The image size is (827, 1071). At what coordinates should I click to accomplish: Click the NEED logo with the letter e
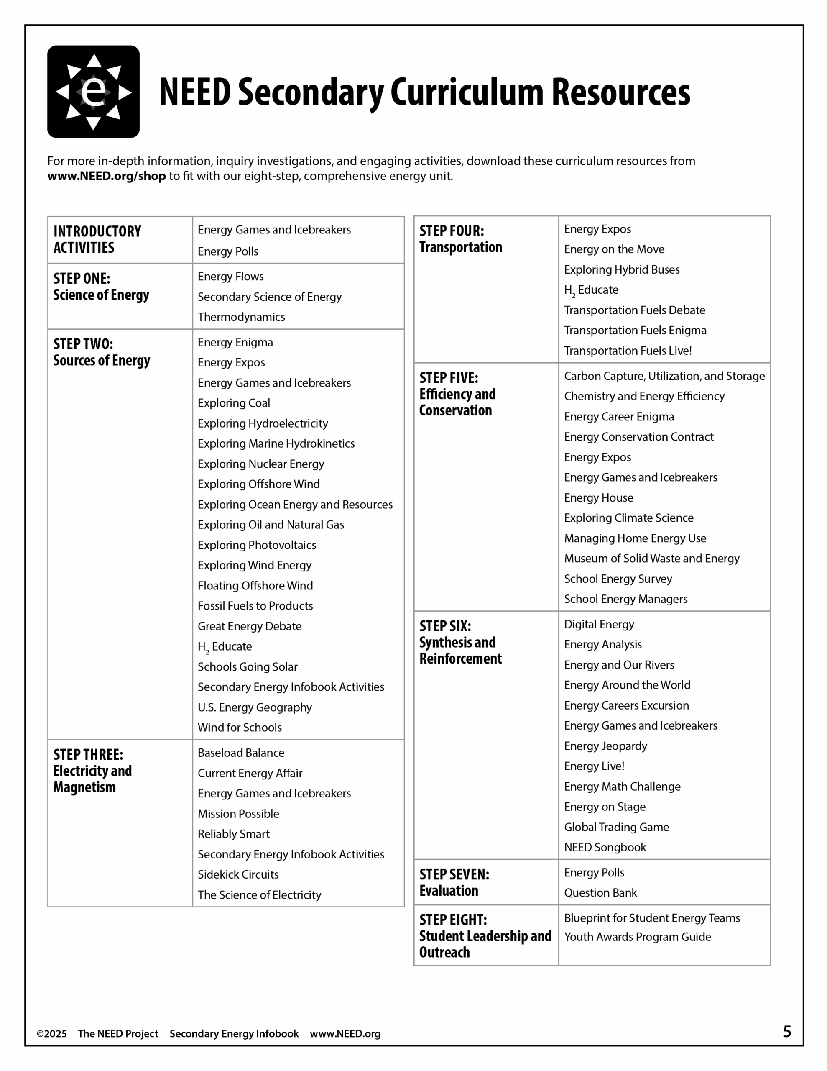93,92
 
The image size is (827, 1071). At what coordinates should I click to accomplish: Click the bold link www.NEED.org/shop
106,176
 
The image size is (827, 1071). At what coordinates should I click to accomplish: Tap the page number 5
787,1032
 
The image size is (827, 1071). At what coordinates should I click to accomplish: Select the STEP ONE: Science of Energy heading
101,287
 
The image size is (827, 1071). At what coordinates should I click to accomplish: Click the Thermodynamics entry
241,317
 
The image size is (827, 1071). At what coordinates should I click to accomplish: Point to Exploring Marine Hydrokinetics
276,444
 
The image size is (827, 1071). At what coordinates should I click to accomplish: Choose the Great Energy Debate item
250,626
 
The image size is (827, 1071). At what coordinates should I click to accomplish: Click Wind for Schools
240,728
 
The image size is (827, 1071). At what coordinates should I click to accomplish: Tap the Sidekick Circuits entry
238,874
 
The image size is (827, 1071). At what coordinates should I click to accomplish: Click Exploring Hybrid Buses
622,270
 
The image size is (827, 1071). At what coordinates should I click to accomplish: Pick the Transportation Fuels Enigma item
635,331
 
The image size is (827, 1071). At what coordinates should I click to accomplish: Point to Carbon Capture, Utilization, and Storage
664,376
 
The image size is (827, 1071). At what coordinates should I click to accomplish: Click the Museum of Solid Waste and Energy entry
651,559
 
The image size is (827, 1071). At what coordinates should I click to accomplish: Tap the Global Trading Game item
616,827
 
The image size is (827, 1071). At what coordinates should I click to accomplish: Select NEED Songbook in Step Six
605,847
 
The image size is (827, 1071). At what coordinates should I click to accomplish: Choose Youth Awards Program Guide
637,937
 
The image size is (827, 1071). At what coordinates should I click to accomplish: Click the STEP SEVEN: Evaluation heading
454,882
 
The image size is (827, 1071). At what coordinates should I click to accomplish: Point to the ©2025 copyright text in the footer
52,1034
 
